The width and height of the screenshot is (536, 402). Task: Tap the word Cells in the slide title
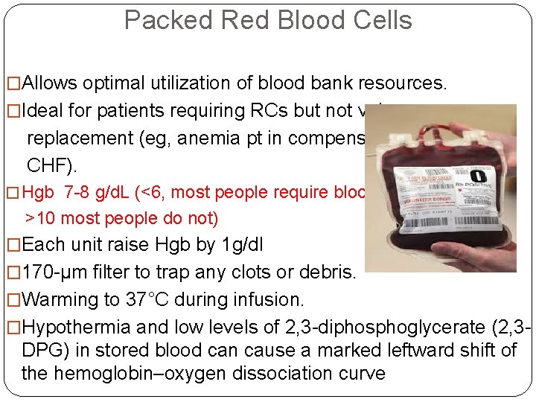pyautogui.click(x=380, y=20)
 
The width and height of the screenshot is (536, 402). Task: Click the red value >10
pyautogui.click(x=42, y=218)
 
